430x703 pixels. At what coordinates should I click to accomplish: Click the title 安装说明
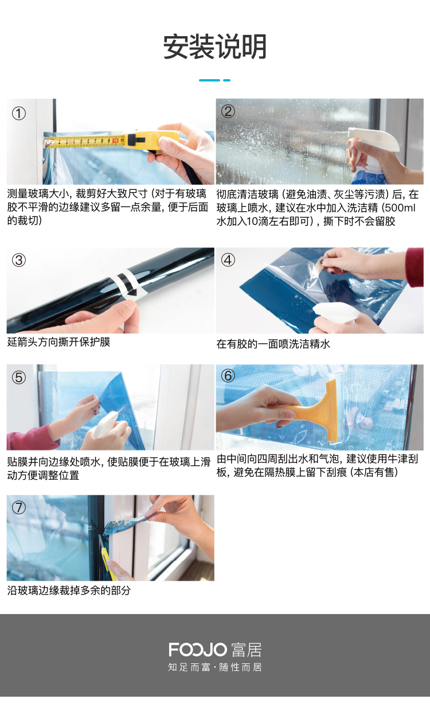tap(215, 47)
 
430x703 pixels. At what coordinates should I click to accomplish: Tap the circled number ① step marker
tap(19, 114)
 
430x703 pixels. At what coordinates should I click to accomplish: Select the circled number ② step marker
tap(228, 111)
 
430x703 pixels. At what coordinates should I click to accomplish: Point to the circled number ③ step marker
tap(19, 261)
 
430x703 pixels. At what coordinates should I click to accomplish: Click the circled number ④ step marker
tap(228, 260)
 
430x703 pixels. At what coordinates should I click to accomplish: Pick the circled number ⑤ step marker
tap(19, 377)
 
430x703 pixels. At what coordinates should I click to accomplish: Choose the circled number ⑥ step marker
tap(228, 376)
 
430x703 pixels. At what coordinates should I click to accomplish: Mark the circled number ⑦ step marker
tap(19, 507)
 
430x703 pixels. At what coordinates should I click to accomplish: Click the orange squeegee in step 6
tap(317, 411)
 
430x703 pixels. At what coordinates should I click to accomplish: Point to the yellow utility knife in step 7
tap(105, 551)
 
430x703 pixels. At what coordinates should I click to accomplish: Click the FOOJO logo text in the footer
tap(198, 649)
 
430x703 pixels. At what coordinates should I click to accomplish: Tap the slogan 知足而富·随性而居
tap(215, 667)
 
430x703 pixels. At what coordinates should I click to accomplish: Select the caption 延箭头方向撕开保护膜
tap(58, 342)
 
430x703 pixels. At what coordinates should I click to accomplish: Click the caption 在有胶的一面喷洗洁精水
tap(273, 344)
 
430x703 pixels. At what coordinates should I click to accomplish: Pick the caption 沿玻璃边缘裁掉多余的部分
tap(69, 591)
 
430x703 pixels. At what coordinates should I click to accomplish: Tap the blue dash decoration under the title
tap(215, 80)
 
